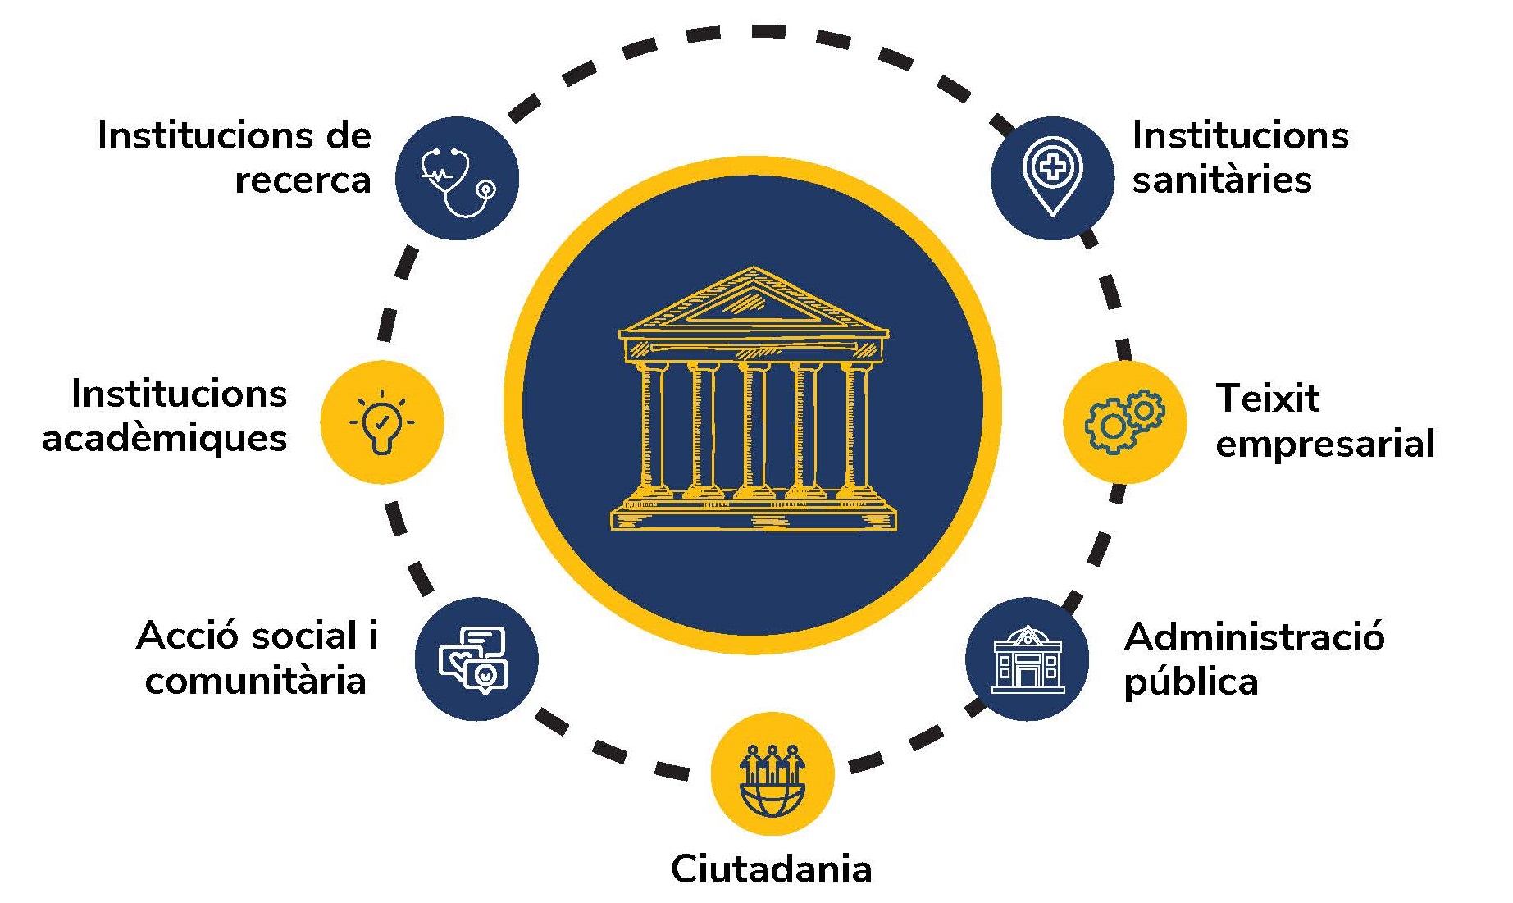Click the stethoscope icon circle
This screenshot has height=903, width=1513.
pyautogui.click(x=457, y=178)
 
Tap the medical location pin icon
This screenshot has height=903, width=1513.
pyautogui.click(x=1053, y=176)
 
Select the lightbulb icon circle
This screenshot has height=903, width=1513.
pyautogui.click(x=381, y=422)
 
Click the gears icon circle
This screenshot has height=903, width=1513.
pyautogui.click(x=1124, y=422)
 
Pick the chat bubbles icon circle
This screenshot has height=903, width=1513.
pyautogui.click(x=476, y=659)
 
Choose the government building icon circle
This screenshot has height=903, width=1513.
pyautogui.click(x=1027, y=659)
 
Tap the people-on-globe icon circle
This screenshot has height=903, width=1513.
pyautogui.click(x=772, y=773)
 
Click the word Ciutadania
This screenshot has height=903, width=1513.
pyautogui.click(x=772, y=869)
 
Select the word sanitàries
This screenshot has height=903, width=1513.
pyautogui.click(x=1222, y=180)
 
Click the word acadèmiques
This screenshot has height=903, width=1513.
pyautogui.click(x=165, y=438)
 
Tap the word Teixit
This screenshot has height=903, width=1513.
pyautogui.click(x=1268, y=399)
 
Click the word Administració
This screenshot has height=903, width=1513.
pyautogui.click(x=1255, y=636)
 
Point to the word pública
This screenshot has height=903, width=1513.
pyautogui.click(x=1191, y=682)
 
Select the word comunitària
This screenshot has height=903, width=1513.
pyautogui.click(x=255, y=681)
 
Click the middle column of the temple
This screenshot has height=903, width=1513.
pyautogui.click(x=754, y=428)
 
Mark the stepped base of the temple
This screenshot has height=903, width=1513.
pyautogui.click(x=753, y=513)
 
